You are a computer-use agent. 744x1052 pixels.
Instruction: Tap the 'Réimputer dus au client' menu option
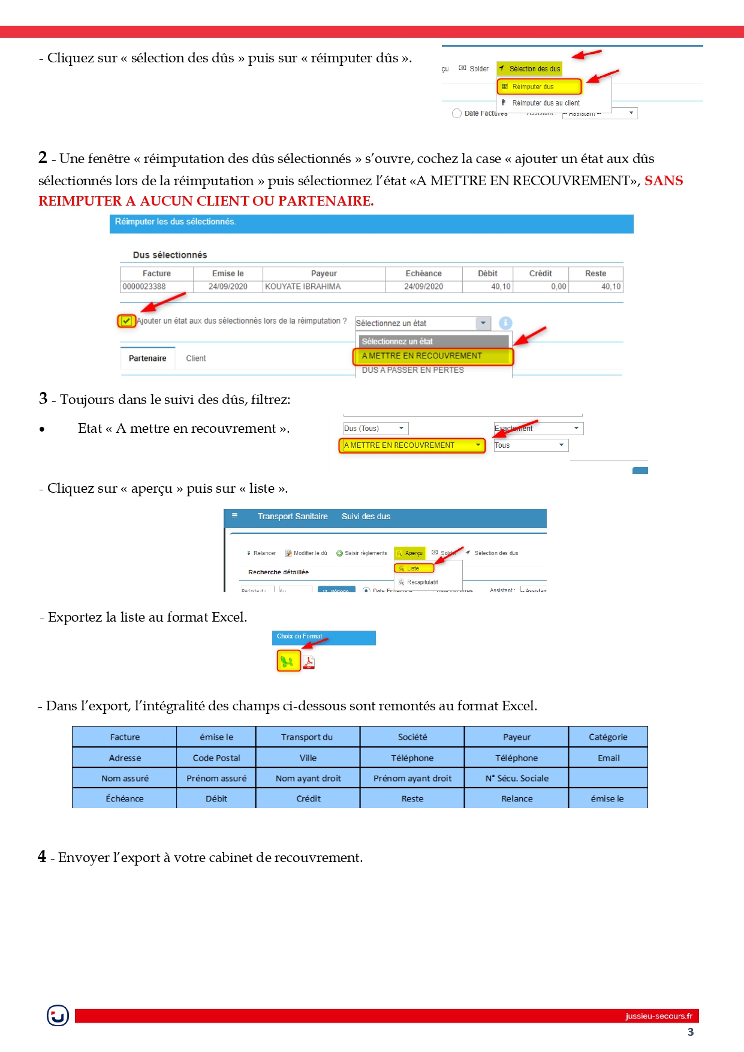pyautogui.click(x=545, y=103)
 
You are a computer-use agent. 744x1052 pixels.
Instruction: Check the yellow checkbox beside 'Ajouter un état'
pyautogui.click(x=126, y=321)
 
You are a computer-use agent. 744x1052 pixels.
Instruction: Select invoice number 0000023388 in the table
pyautogui.click(x=144, y=287)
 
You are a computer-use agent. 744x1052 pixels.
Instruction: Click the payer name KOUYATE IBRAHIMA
pyautogui.click(x=303, y=287)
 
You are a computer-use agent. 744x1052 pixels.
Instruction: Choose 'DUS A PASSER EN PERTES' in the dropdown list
pyautogui.click(x=412, y=370)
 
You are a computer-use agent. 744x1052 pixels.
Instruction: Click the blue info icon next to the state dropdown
pyautogui.click(x=505, y=323)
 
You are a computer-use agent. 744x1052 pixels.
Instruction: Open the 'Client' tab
pyautogui.click(x=195, y=358)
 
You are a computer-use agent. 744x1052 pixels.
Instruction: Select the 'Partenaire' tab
pyautogui.click(x=147, y=358)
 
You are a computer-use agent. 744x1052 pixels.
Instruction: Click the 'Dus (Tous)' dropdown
pyautogui.click(x=375, y=429)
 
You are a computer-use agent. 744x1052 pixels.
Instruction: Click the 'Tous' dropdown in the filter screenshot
pyautogui.click(x=530, y=445)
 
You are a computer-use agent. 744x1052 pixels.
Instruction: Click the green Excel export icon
pyautogui.click(x=288, y=661)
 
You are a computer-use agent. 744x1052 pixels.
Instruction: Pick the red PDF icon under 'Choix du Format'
pyautogui.click(x=309, y=662)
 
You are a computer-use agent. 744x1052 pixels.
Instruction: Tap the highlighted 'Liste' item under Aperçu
pyautogui.click(x=413, y=568)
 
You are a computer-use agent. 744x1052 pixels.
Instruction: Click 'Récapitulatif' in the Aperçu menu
pyautogui.click(x=421, y=582)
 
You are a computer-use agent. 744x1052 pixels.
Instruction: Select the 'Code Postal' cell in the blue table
pyautogui.click(x=216, y=758)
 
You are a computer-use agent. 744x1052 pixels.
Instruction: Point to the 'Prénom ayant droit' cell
pyautogui.click(x=412, y=778)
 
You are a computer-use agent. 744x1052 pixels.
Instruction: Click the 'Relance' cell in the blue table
pyautogui.click(x=517, y=798)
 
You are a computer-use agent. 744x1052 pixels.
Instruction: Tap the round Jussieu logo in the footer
pyautogui.click(x=58, y=1015)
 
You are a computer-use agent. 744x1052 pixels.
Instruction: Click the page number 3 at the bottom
pyautogui.click(x=691, y=1032)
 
